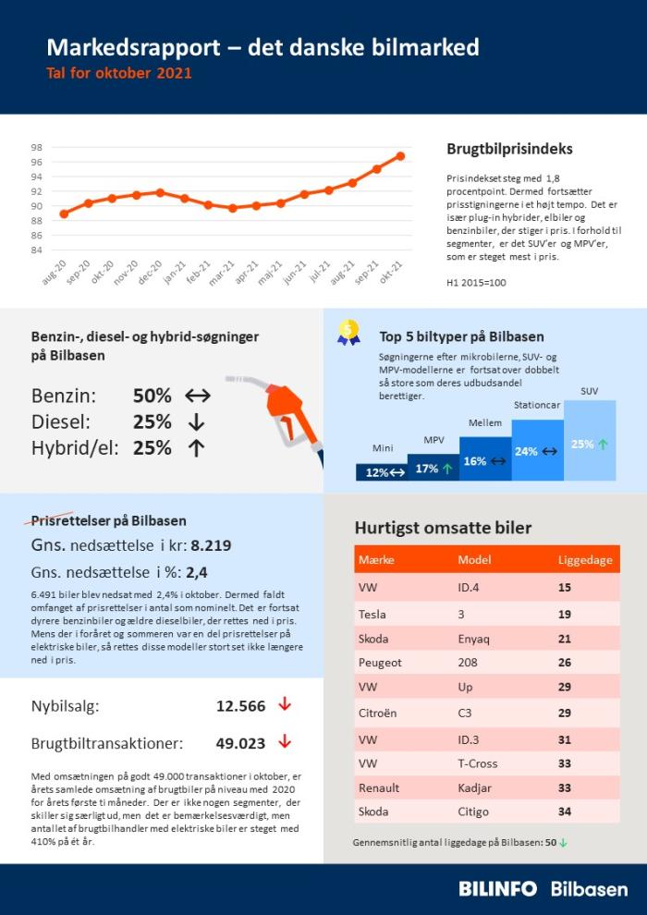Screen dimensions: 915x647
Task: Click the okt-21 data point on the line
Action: pos(401,155)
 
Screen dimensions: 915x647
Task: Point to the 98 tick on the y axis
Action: pos(36,148)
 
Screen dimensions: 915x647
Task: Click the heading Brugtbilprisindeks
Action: pos(509,149)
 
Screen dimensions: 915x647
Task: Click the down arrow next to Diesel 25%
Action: pos(195,422)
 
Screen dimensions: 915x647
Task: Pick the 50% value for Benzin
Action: pos(152,396)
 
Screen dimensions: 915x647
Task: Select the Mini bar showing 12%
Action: pos(382,471)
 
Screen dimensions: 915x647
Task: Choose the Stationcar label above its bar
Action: pos(537,405)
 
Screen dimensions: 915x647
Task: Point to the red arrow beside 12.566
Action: pos(285,705)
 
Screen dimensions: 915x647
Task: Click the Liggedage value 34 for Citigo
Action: pos(565,811)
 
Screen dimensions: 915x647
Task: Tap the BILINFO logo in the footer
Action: pos(497,888)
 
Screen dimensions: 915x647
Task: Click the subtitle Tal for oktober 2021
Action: pos(119,73)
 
